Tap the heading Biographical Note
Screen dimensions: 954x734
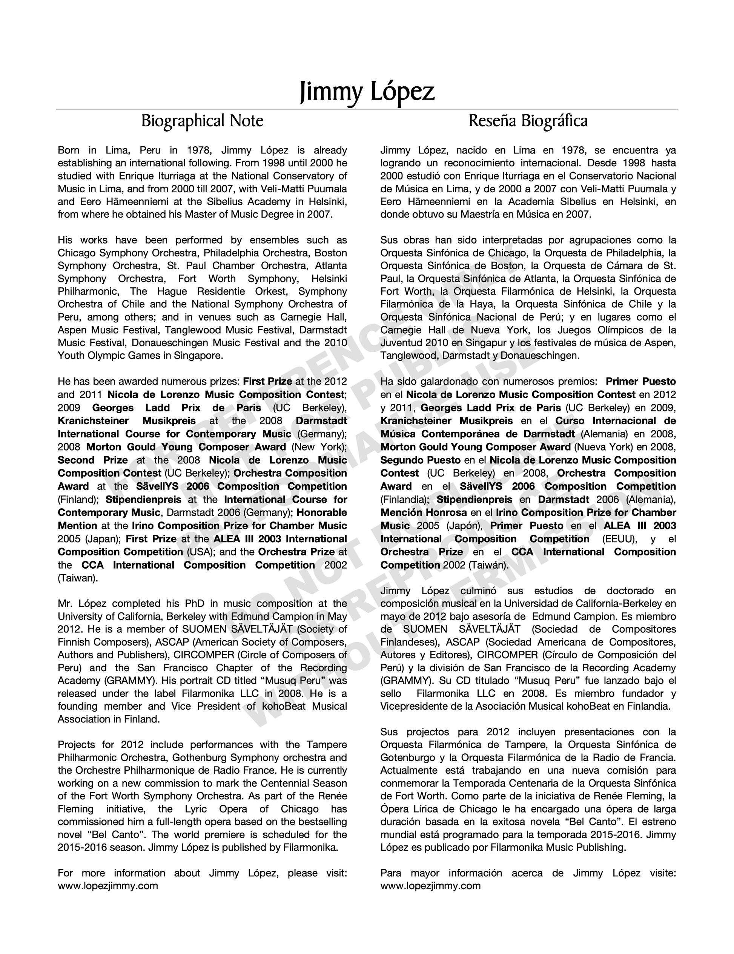[x=202, y=121]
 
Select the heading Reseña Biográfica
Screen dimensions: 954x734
[x=528, y=121]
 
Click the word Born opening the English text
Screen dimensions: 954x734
[x=69, y=151]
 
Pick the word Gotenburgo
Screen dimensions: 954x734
[x=407, y=757]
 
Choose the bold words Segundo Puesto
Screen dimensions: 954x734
[x=420, y=460]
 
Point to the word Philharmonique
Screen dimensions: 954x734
[x=166, y=770]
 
